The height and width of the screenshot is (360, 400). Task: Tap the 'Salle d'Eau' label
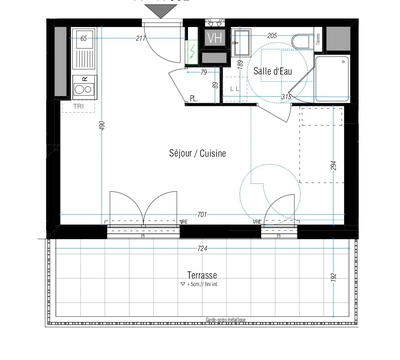coord(273,70)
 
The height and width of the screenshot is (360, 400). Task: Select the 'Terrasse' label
coord(202,274)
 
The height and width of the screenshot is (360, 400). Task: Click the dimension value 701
coord(201,215)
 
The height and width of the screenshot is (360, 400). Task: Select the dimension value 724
coord(201,248)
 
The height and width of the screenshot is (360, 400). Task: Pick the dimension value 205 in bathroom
coord(272,36)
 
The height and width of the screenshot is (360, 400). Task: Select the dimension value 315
coord(286,97)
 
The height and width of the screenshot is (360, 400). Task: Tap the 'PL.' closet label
coord(193,98)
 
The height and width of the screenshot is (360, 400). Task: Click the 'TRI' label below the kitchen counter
coord(78,105)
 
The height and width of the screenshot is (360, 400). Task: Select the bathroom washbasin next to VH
coord(240,40)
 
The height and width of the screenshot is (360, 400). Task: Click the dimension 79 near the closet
coord(203,72)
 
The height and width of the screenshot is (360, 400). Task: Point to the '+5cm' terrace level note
coord(202,285)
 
